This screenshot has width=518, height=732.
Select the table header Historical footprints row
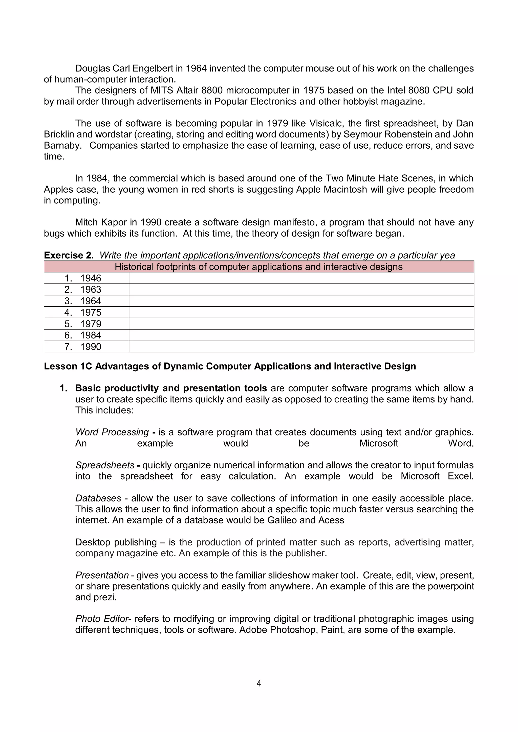[x=259, y=266]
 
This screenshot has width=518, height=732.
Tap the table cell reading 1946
[x=91, y=278]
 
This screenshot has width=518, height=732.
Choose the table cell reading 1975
[x=91, y=312]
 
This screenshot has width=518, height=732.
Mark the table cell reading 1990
[x=91, y=347]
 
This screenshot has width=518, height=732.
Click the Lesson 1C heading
[x=230, y=366]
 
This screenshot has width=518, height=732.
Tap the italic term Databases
[x=98, y=498]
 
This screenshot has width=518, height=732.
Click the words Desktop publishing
[x=116, y=542]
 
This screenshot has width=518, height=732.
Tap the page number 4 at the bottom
[x=259, y=683]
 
